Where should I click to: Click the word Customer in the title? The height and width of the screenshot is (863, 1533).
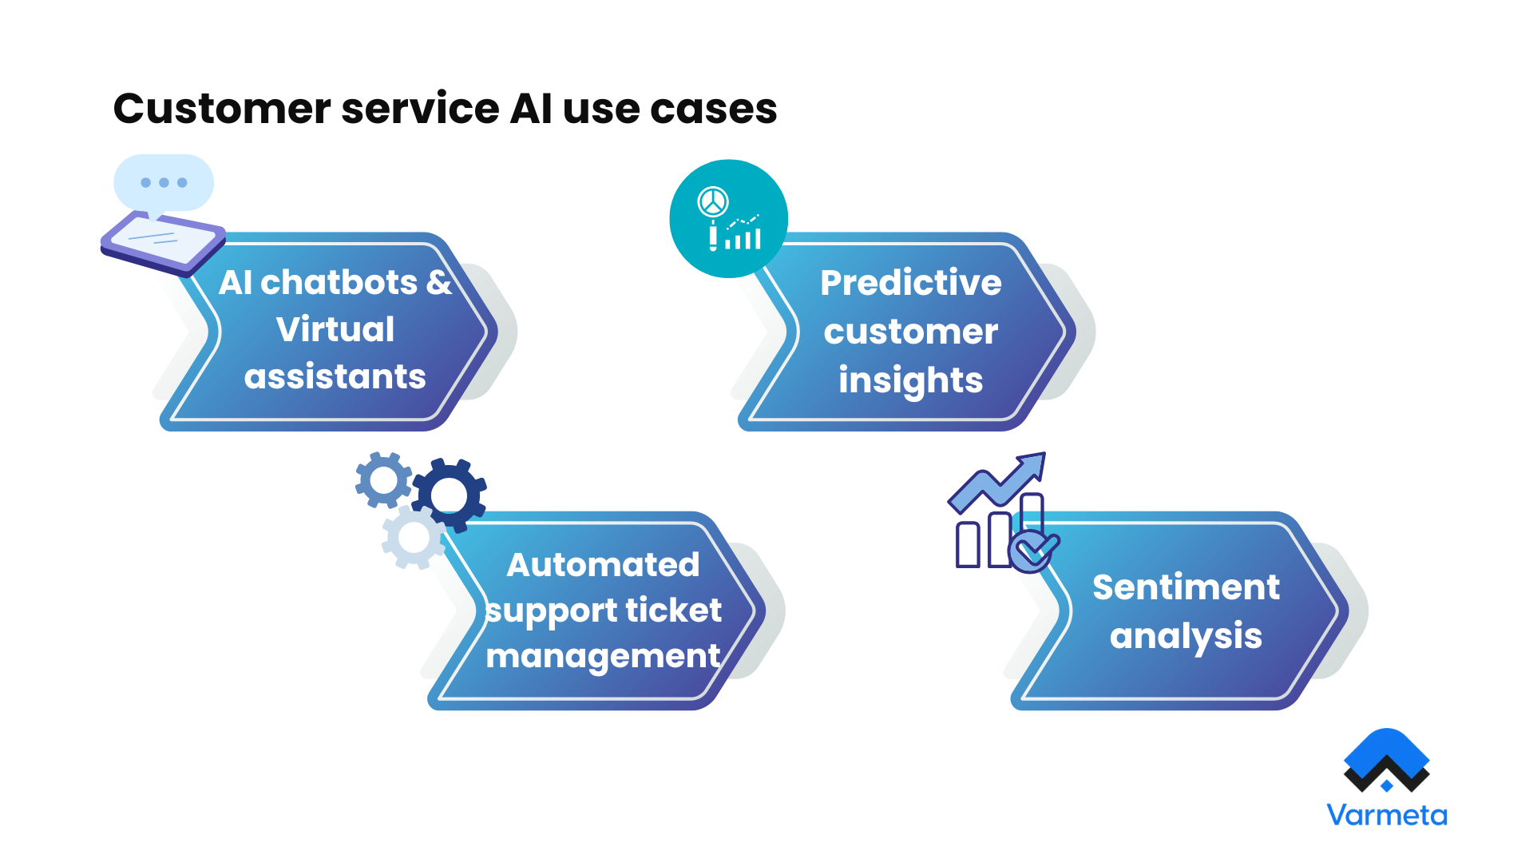pos(222,109)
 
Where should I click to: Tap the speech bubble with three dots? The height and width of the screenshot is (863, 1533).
pos(164,183)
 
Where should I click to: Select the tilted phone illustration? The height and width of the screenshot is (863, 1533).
pos(162,244)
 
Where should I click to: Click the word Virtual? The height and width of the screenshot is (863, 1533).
pos(335,329)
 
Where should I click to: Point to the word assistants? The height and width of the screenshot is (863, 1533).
pos(335,376)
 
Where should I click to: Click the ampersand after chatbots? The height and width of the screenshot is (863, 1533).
pos(438,282)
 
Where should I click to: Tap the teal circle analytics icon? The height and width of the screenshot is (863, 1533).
pos(728,219)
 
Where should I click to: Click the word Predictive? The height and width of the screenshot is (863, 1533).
pos(910,282)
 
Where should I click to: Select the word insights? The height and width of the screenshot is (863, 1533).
pos(910,380)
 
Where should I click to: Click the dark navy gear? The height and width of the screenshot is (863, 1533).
pos(450,495)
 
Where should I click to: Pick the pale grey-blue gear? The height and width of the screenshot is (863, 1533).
pos(414,538)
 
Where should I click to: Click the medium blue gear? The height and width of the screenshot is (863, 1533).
pos(383,479)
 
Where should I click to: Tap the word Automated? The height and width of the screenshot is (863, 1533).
pos(603,565)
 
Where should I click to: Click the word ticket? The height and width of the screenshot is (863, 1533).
pos(673,610)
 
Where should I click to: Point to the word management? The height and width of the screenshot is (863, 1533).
pos(603,657)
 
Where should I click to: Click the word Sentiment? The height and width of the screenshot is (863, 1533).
pos(1186,587)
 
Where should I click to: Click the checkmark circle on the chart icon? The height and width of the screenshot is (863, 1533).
pos(1033,550)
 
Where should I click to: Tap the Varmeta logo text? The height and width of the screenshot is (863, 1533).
pos(1386,815)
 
